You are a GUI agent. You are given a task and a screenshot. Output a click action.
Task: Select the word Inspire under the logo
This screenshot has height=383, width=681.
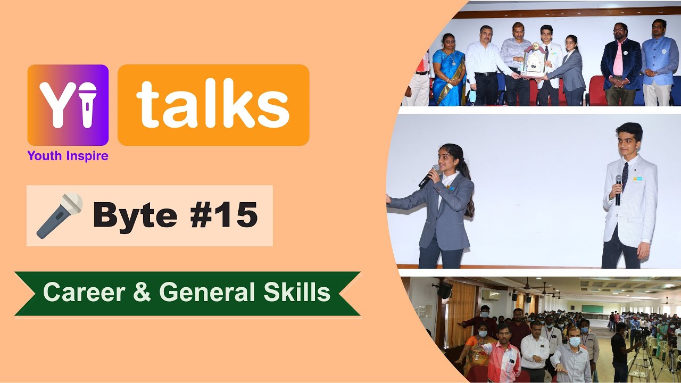87,156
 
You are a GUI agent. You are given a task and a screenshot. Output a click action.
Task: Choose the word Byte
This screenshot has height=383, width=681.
135,215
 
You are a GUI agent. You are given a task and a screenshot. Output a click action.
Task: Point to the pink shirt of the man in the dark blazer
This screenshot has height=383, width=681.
617,60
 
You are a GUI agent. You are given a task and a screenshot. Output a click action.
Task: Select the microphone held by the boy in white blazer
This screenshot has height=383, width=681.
619,189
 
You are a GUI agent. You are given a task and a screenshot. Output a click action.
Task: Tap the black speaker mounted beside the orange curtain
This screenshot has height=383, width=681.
445,290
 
